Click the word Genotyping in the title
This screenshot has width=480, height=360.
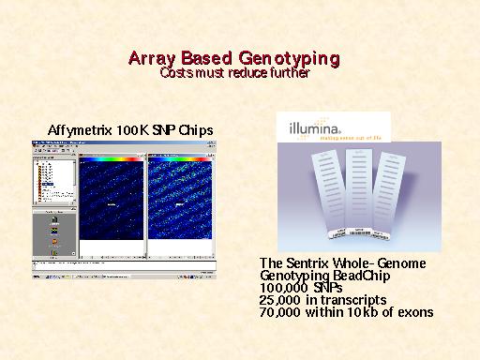pos(290,59)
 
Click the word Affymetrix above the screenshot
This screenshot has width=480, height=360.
pos(82,128)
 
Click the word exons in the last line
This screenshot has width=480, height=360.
pos(413,312)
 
